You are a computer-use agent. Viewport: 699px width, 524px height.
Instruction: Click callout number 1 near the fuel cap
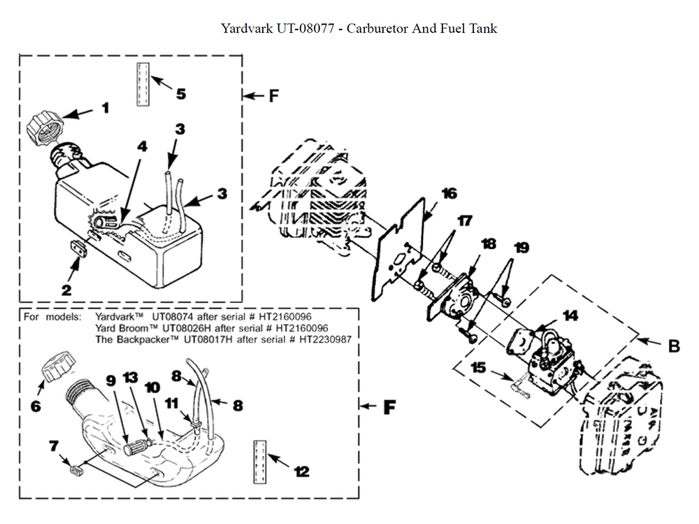tap(106, 108)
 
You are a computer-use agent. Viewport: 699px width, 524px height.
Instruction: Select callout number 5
tap(180, 93)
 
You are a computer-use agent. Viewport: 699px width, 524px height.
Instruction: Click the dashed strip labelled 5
tap(143, 84)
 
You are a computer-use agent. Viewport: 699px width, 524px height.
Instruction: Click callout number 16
tap(449, 192)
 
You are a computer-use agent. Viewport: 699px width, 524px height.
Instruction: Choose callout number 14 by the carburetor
tap(571, 316)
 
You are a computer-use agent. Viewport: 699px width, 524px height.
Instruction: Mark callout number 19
tap(521, 247)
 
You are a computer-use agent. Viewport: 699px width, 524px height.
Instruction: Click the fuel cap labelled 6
tap(55, 365)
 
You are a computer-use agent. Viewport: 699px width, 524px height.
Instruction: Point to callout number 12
tap(302, 472)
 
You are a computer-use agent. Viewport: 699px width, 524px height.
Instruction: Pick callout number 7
tap(52, 446)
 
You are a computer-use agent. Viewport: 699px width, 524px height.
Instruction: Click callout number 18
tap(489, 244)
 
